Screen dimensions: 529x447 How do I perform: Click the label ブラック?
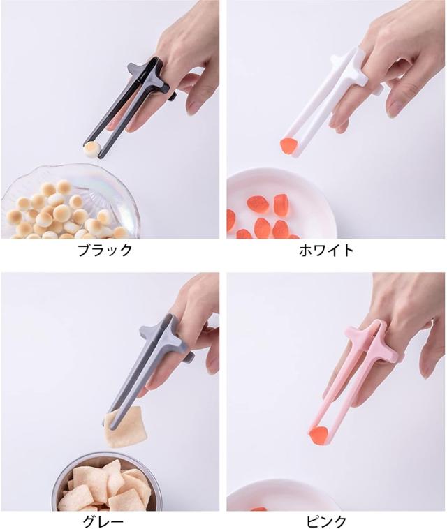(x=104, y=250)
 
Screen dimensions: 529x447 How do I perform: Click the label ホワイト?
(x=326, y=250)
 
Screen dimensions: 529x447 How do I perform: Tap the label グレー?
(x=104, y=521)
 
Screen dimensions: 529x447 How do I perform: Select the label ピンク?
(x=326, y=521)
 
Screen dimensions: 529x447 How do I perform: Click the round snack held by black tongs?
(x=91, y=148)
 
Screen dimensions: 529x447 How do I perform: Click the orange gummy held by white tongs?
(x=288, y=145)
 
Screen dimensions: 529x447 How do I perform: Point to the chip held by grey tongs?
(x=122, y=427)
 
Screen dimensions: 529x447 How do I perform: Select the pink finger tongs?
(x=353, y=370)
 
